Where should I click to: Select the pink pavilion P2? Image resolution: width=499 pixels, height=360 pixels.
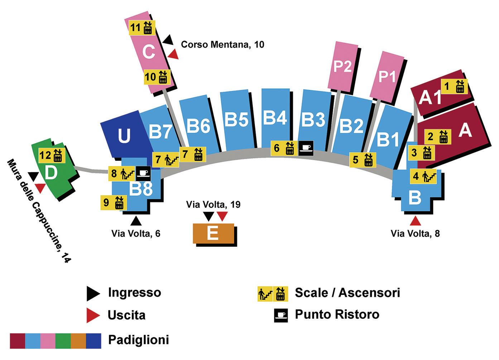click(342, 67)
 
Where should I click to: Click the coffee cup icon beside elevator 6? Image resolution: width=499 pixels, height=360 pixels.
click(306, 148)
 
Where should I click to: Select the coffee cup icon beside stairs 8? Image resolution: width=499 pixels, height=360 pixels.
click(143, 174)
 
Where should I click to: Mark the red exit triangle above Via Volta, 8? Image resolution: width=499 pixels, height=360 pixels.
click(415, 220)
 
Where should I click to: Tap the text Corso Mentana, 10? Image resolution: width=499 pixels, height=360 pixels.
click(222, 45)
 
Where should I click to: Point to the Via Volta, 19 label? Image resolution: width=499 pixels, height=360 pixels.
click(213, 205)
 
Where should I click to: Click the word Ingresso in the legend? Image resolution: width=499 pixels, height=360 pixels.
click(134, 293)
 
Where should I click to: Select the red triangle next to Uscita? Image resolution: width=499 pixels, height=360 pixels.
click(93, 315)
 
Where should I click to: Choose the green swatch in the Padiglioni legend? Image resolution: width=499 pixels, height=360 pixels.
click(63, 340)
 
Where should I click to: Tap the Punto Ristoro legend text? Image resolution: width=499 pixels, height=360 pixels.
click(337, 315)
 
